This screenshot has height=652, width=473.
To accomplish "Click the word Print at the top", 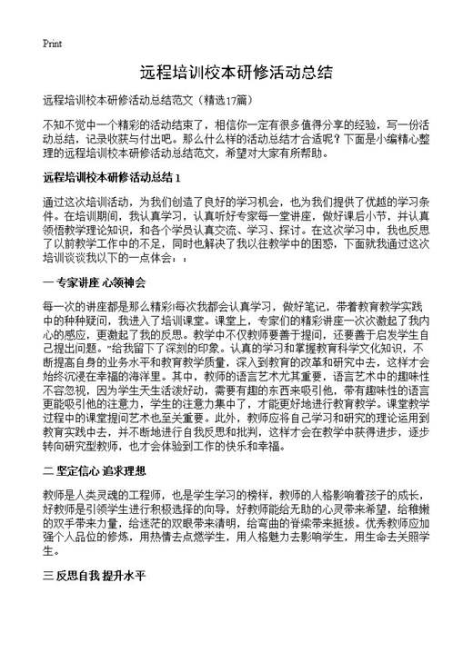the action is click(52, 44).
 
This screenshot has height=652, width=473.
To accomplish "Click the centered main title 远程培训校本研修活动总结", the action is click(236, 72).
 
